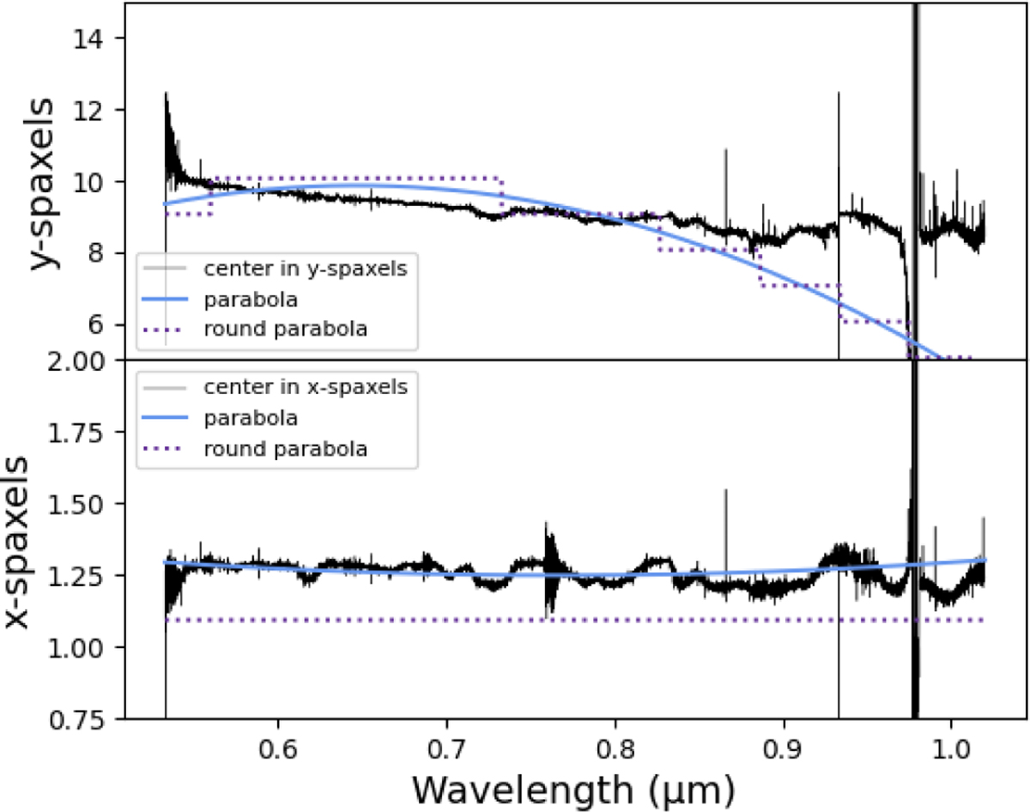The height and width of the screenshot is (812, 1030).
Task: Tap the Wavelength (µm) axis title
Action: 572,785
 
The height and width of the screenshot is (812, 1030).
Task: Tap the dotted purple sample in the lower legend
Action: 167,448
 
